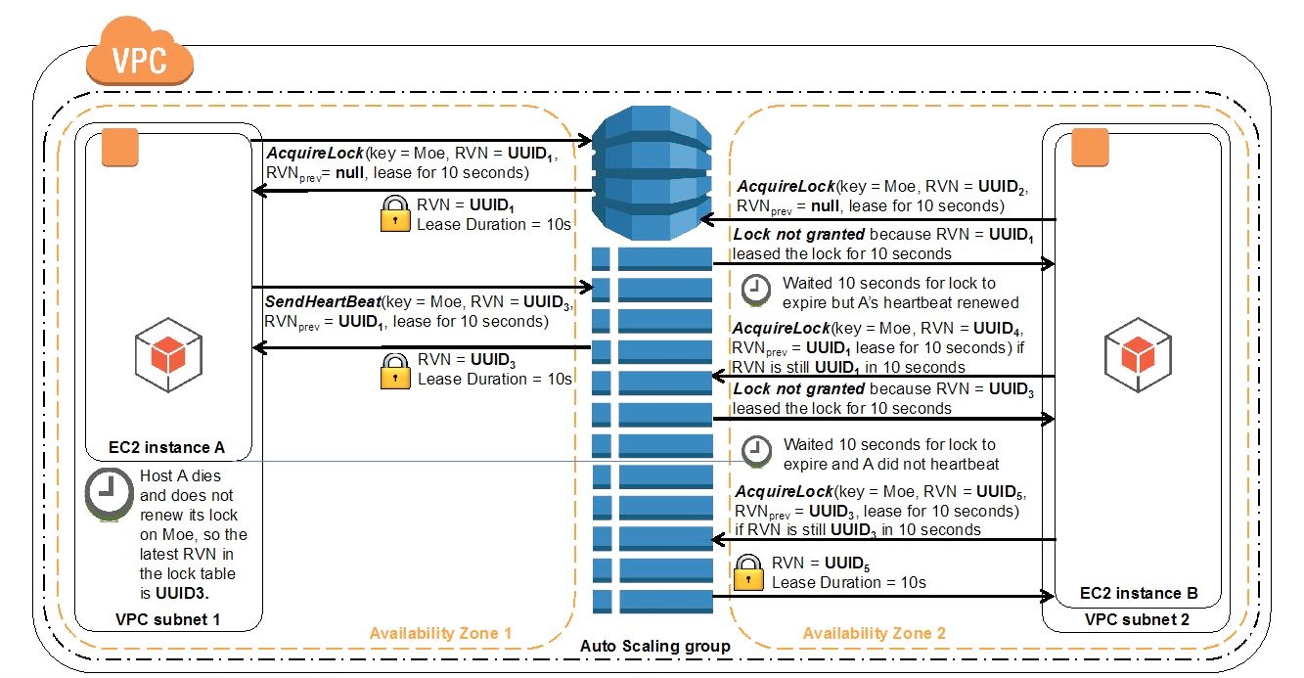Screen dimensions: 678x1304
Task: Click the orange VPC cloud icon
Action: pos(138,56)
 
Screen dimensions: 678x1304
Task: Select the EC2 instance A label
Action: pos(167,447)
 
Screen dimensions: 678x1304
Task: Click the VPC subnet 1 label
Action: pos(167,619)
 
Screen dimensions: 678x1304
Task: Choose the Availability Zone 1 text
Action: pos(440,633)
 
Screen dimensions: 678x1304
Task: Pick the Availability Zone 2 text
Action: pos(874,633)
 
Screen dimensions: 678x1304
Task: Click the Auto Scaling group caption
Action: pos(654,646)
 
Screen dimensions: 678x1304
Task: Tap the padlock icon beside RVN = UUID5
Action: pos(748,572)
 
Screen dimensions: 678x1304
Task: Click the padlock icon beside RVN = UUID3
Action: pos(394,369)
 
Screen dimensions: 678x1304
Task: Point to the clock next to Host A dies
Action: pos(110,495)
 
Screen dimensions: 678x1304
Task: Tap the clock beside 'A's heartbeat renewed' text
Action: pos(754,290)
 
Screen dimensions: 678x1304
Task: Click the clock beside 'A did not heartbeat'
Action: pos(754,451)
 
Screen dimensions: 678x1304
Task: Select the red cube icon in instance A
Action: pos(167,353)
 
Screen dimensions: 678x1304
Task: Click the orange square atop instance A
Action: pos(123,147)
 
